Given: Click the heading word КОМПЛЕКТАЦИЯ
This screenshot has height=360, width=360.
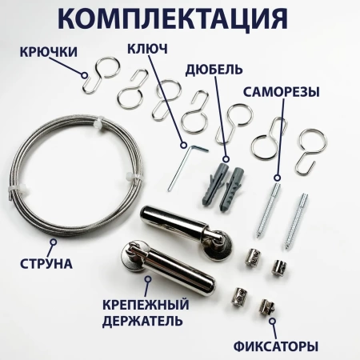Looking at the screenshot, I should click(x=179, y=19).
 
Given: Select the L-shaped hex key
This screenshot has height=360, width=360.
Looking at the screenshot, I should click(x=182, y=164).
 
